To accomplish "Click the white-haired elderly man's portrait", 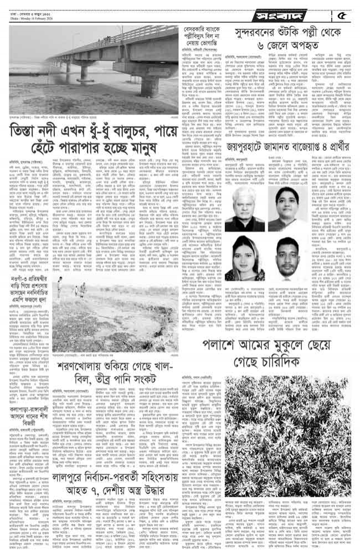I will [245, 209].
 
